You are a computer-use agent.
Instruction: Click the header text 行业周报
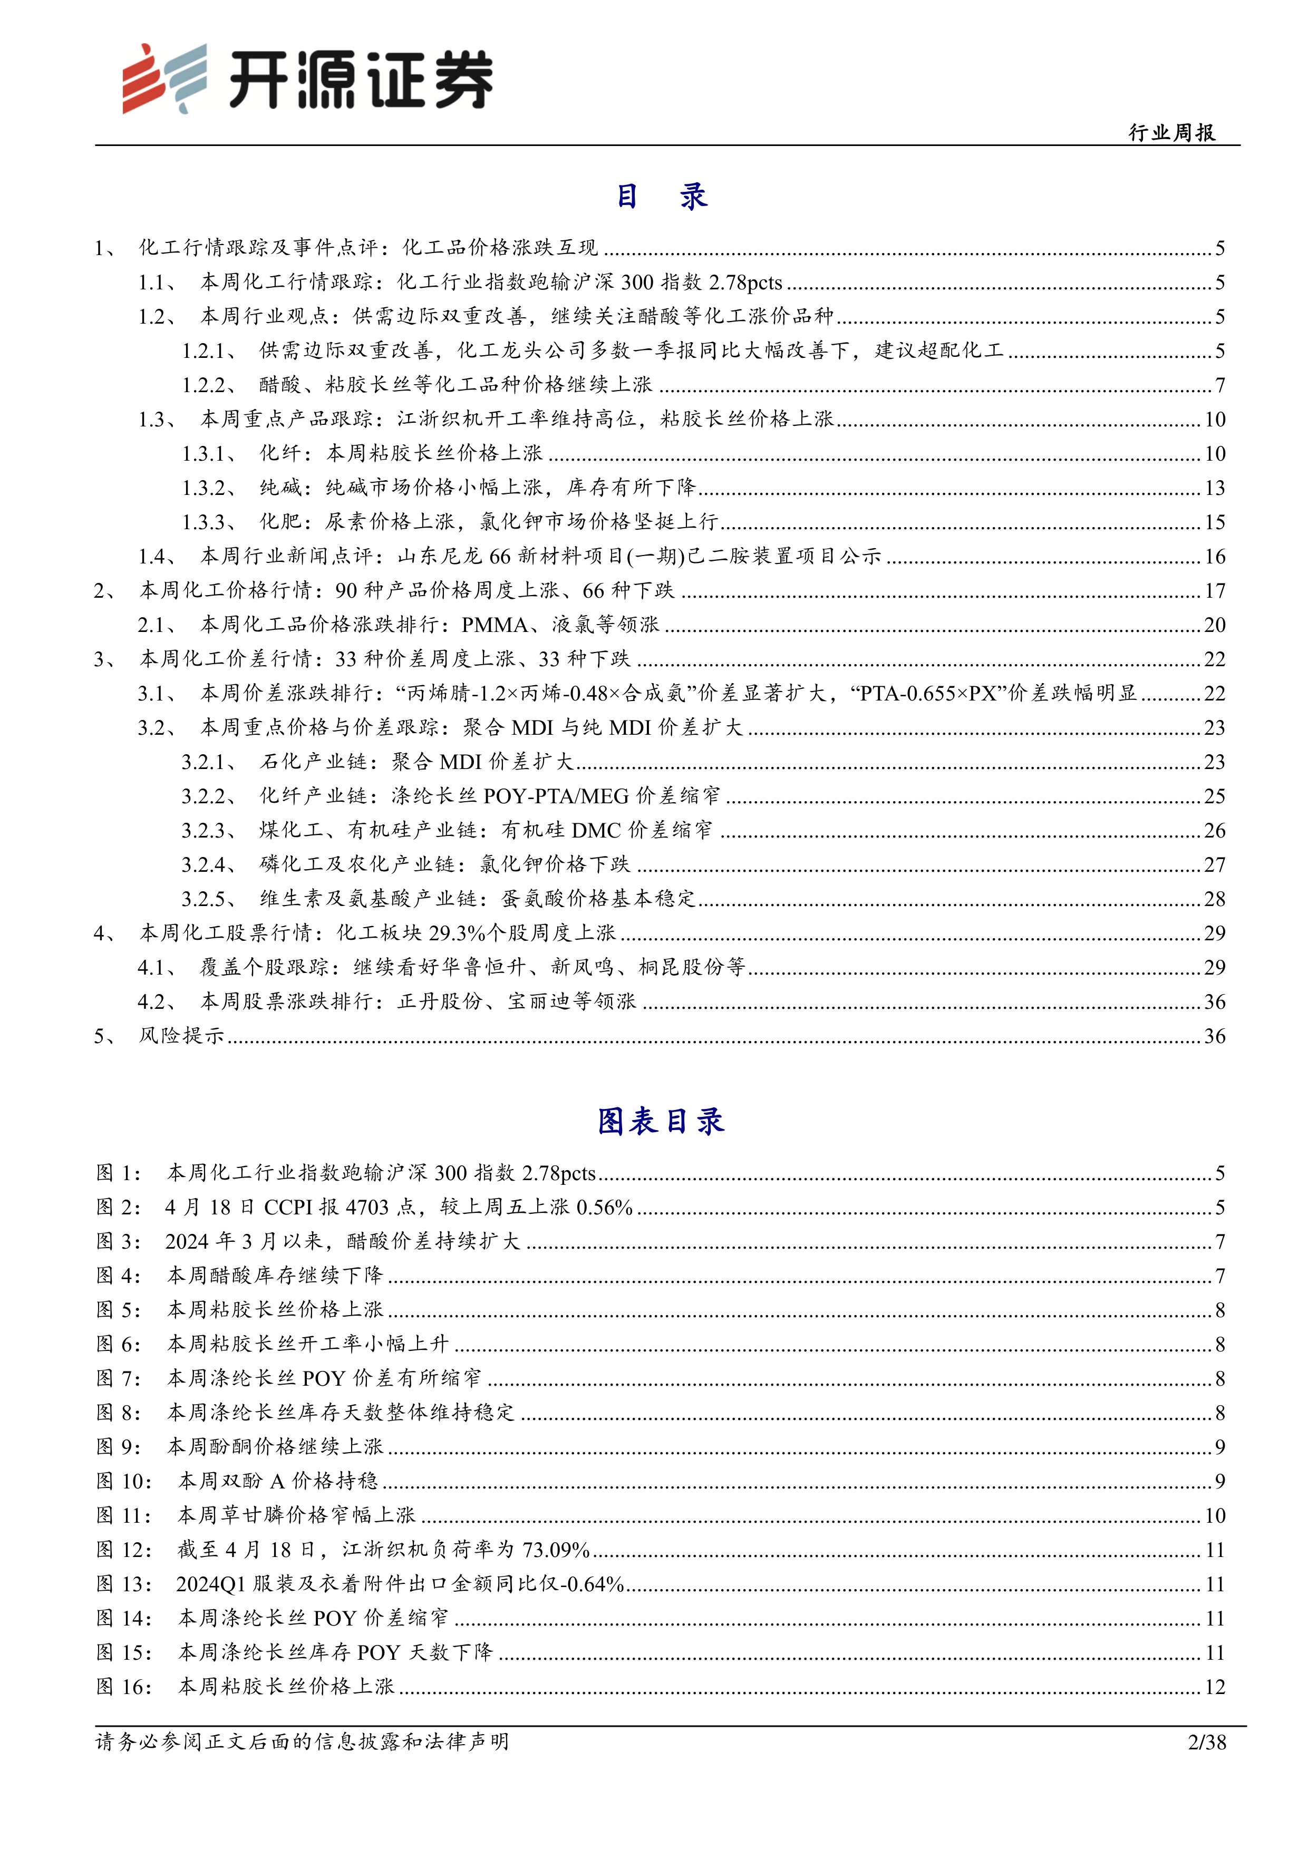(1172, 133)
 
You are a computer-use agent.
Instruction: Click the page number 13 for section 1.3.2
(1215, 488)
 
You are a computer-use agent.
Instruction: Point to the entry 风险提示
(181, 1036)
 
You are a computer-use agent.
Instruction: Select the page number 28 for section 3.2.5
(1215, 900)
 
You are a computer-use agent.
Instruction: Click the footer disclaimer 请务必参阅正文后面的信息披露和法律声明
(302, 1742)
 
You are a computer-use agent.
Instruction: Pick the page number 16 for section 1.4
(1215, 557)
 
